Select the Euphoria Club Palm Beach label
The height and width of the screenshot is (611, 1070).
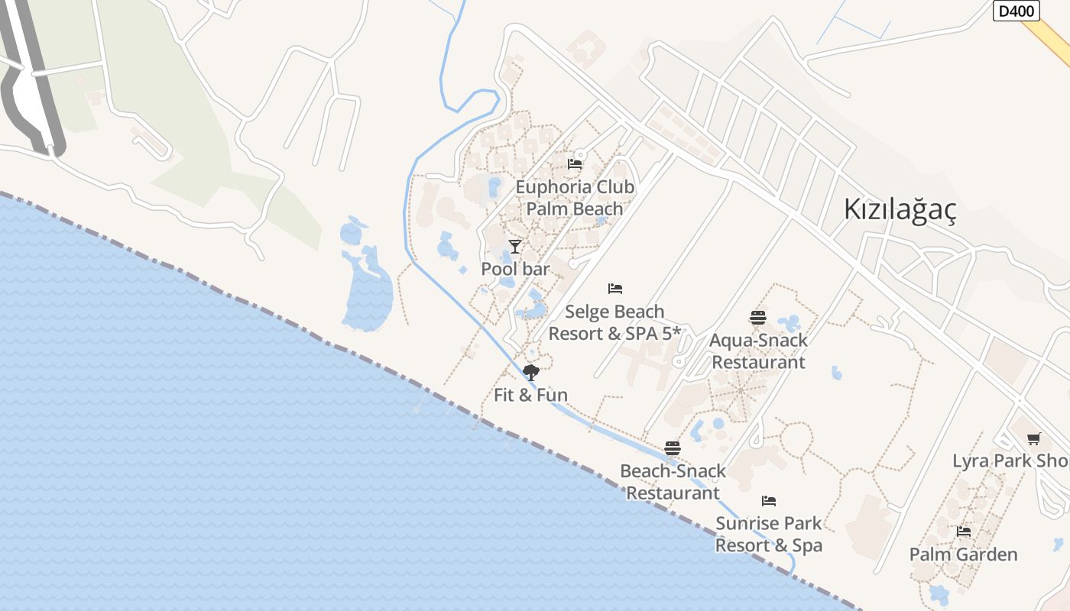coord(575,198)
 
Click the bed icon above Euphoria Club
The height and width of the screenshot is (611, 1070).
coord(575,163)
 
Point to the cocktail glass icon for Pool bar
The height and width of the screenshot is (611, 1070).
coord(515,246)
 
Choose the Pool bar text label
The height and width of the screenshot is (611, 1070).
coord(515,269)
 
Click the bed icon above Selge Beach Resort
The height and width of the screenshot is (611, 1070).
coord(615,288)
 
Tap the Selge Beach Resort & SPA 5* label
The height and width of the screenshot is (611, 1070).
coord(614,322)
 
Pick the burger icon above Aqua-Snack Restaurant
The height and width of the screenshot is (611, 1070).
coord(758,317)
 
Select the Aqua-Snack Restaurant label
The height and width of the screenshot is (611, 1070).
coord(758,351)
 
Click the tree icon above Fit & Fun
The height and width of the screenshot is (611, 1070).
coord(530,373)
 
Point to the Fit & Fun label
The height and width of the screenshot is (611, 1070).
coord(530,395)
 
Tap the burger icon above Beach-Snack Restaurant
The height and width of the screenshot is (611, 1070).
coord(673,448)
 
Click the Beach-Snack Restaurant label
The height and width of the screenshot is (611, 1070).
coord(673,482)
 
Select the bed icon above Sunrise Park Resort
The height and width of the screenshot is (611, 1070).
coord(769,501)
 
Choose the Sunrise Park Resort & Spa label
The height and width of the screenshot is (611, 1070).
coord(769,534)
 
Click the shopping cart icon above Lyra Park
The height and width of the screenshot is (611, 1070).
coord(1034,438)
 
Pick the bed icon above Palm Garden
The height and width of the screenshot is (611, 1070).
coord(964,532)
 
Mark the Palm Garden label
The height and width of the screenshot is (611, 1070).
coord(964,554)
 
